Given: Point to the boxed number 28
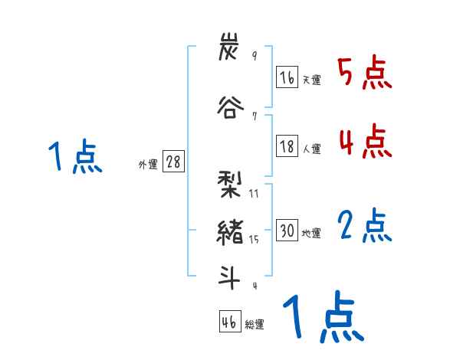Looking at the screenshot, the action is click(173, 162).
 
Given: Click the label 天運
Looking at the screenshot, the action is click(311, 80).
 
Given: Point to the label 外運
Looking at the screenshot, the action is click(148, 165).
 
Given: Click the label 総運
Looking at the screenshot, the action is click(255, 325).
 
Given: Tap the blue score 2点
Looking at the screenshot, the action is click(365, 225).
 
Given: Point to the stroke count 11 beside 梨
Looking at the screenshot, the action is click(254, 194).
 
